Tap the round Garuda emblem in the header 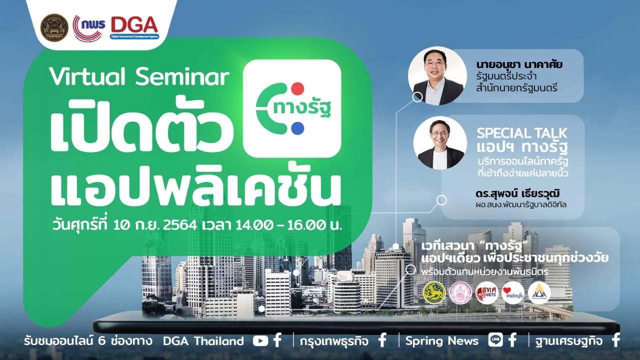coord(54,27)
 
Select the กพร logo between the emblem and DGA coord(89,27)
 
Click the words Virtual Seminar coord(139,77)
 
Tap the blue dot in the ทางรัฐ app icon coord(297,128)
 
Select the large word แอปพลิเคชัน coord(195,189)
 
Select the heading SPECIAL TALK coord(521,133)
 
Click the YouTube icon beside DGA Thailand coord(260,341)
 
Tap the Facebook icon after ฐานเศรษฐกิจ coord(616,341)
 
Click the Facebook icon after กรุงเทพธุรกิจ coord(382,341)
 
